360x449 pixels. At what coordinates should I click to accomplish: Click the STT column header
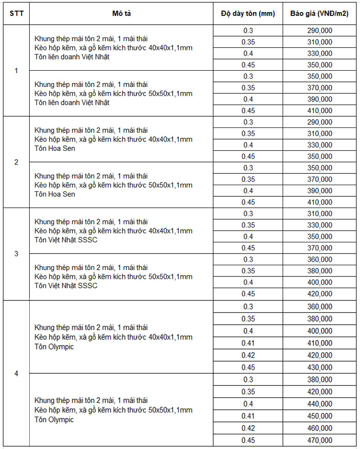click(16, 14)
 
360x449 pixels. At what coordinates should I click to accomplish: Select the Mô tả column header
click(121, 14)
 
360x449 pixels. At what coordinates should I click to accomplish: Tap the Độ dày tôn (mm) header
click(248, 14)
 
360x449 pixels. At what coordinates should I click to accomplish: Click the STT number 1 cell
click(16, 71)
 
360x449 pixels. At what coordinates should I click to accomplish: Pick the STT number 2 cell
click(16, 162)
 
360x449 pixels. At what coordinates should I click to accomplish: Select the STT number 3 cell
click(16, 254)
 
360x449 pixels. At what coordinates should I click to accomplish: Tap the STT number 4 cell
click(16, 373)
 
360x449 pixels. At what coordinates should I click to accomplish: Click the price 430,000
click(319, 367)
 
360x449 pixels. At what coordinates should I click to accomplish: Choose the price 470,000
click(319, 440)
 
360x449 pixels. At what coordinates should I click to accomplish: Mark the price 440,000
click(319, 404)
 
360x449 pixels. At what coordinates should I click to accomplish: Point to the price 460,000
click(319, 428)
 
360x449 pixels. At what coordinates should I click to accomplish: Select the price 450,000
click(319, 416)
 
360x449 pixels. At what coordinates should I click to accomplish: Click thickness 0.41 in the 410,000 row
click(248, 343)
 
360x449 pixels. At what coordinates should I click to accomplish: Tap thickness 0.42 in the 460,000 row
click(248, 428)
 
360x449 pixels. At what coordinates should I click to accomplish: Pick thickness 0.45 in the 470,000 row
click(248, 440)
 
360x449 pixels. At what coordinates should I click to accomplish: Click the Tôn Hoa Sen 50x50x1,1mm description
click(113, 185)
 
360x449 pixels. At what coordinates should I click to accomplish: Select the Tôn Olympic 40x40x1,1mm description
click(113, 337)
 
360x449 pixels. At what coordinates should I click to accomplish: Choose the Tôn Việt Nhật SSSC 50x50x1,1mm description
click(113, 277)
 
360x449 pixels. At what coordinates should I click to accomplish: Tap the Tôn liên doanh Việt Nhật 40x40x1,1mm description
click(113, 48)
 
